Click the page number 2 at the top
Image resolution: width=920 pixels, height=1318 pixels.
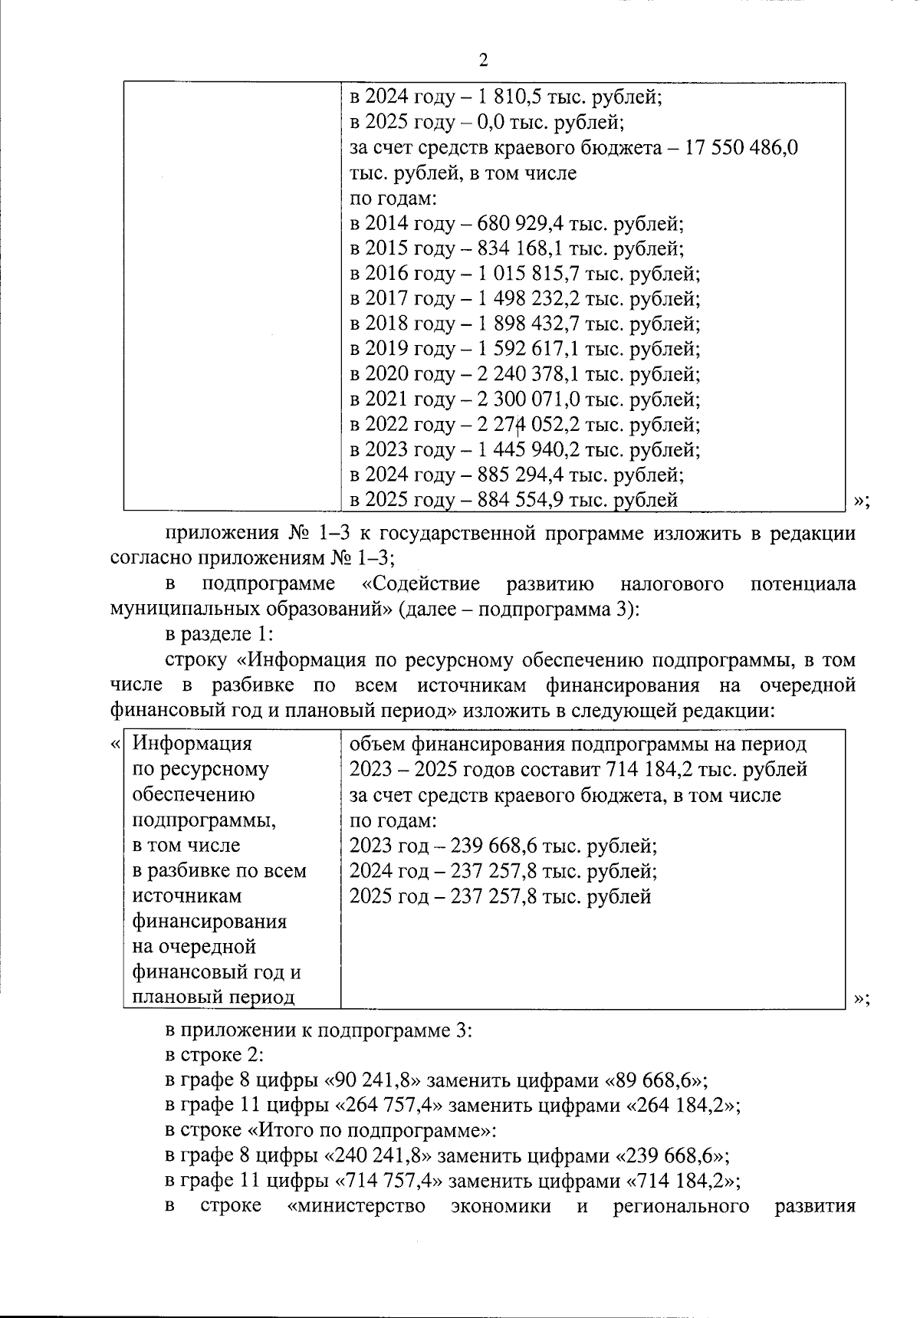pos(483,61)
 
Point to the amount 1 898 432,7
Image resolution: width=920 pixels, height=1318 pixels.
pos(528,324)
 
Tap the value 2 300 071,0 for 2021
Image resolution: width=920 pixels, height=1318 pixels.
pos(528,399)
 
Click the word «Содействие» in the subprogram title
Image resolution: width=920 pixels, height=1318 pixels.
pos(420,584)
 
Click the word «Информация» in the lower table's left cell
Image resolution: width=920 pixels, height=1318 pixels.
pos(192,744)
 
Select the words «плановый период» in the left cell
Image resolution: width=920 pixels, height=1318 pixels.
pos(214,998)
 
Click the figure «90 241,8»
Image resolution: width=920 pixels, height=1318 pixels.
pos(373,1080)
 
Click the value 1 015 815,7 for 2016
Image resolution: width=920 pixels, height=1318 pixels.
pos(528,274)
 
